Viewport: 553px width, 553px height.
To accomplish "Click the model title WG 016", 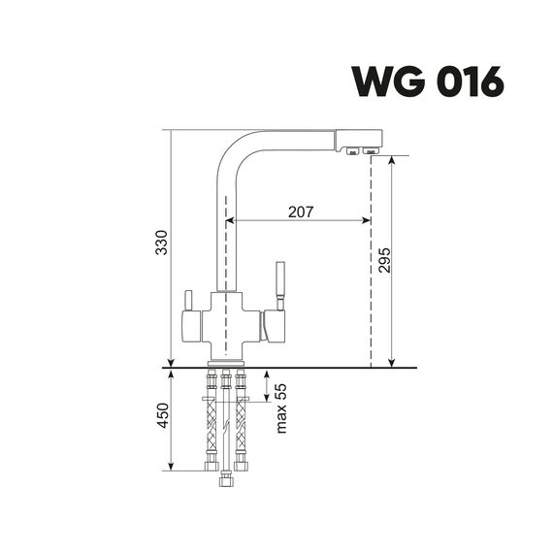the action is tap(428, 81).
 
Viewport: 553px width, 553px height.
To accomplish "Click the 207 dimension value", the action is tap(301, 211).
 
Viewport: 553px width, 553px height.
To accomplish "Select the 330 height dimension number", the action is tap(162, 243).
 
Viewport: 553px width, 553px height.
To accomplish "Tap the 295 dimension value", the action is tap(384, 260).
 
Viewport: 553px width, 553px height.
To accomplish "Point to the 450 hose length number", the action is tap(163, 415).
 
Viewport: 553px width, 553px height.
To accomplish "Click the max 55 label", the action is tap(281, 408).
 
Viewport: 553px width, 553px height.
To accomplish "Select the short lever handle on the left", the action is tap(188, 301).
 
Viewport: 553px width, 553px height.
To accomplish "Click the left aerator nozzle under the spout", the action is tap(352, 151).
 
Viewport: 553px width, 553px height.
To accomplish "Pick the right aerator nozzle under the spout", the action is tap(371, 151).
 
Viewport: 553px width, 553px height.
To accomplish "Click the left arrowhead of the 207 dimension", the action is tap(230, 221).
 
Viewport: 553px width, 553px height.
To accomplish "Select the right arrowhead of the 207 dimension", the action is tap(367, 221).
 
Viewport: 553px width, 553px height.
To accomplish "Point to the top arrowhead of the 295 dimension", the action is tap(391, 160).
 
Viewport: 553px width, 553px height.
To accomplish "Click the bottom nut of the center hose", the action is tap(226, 482).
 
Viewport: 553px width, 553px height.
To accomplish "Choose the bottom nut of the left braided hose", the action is tap(211, 467).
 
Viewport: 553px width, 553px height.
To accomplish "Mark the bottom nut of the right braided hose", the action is tap(241, 467).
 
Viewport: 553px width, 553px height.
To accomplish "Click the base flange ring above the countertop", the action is tap(226, 364).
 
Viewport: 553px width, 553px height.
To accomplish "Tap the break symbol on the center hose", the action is tap(226, 425).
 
